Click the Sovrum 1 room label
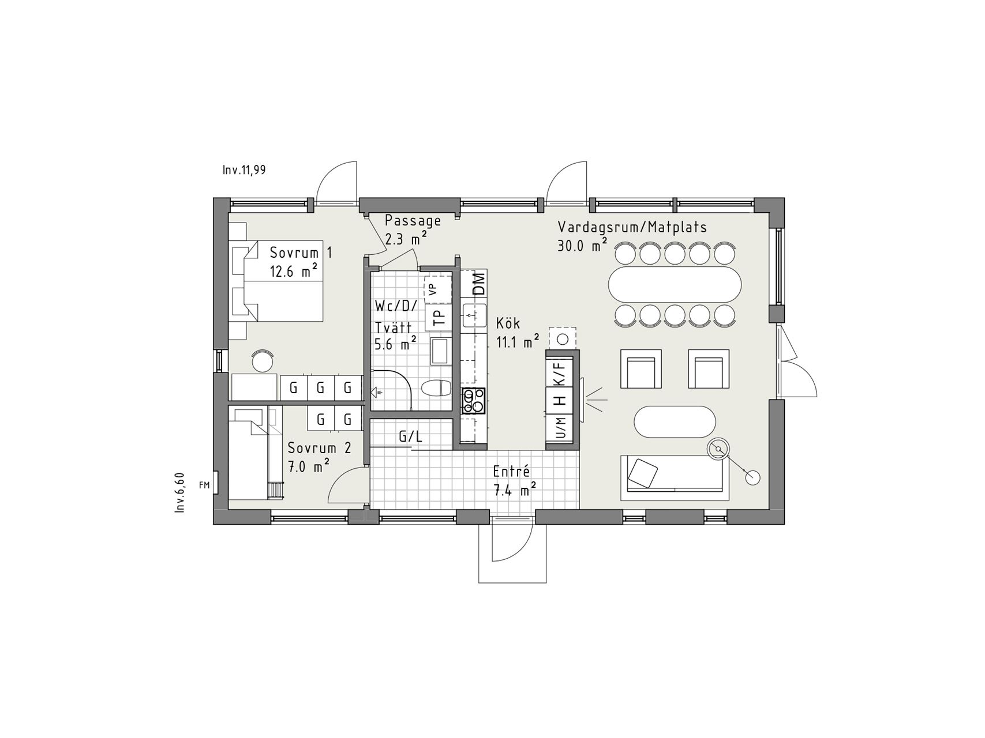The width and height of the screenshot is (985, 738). coord(301,262)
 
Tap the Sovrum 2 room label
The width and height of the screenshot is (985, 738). coord(319,457)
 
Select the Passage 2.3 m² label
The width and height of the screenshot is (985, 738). coord(413,229)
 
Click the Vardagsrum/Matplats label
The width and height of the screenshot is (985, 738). coord(632,236)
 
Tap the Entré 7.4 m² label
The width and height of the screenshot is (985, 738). coord(515,481)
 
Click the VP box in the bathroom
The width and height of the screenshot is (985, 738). coord(438,289)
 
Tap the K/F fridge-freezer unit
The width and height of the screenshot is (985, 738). coord(560,371)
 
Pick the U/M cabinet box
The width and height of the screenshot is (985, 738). coord(560,428)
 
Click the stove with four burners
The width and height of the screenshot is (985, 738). coord(474,401)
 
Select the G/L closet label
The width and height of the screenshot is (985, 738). coord(410,437)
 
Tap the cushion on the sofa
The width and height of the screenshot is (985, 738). coord(643,473)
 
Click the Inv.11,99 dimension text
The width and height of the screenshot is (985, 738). coord(244,170)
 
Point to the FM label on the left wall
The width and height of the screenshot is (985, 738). coord(204,485)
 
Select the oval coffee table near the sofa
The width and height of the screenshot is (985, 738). coord(675,422)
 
